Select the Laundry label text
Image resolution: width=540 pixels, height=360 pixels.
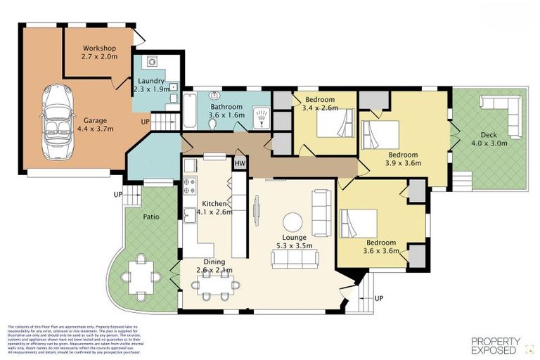[151, 81]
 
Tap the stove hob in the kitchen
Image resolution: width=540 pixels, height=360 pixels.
[190, 186]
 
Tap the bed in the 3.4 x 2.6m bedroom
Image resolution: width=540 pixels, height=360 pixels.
[332, 126]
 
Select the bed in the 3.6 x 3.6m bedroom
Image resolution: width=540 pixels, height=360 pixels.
[359, 224]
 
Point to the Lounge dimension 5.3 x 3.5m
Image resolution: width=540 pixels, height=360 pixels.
[295, 246]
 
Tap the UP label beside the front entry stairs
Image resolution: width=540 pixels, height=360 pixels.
[380, 298]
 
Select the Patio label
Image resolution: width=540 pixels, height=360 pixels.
[151, 217]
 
